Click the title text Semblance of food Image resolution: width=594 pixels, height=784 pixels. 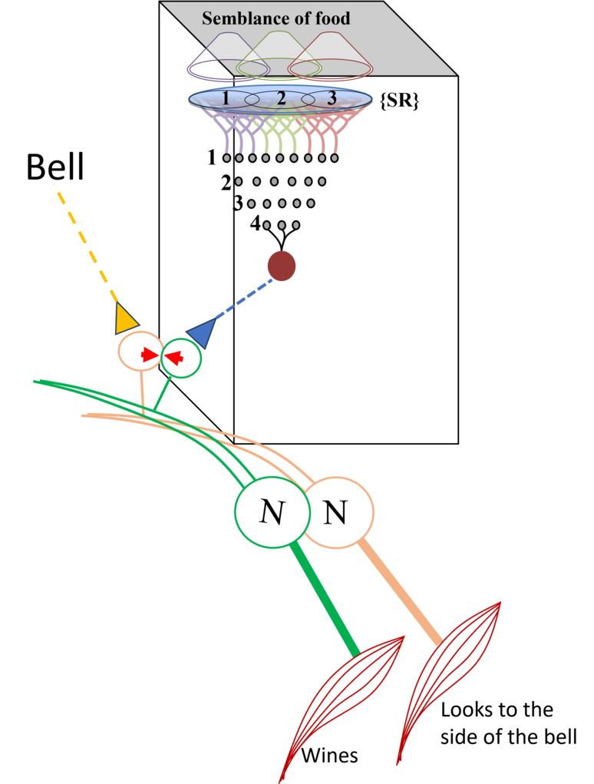click(x=276, y=18)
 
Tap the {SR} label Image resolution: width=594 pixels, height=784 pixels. click(x=401, y=101)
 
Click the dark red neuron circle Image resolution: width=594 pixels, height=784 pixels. click(x=282, y=266)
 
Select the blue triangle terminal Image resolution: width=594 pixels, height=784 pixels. click(x=201, y=333)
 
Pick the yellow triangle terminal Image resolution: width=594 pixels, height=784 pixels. click(x=126, y=319)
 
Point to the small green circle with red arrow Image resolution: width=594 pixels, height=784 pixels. click(x=180, y=357)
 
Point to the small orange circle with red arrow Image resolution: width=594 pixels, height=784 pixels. click(x=138, y=352)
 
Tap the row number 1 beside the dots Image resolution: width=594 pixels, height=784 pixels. click(x=212, y=158)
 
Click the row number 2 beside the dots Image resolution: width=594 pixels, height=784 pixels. click(x=226, y=183)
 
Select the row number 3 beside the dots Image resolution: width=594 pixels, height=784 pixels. click(x=239, y=204)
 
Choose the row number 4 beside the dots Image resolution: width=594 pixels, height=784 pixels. click(x=256, y=224)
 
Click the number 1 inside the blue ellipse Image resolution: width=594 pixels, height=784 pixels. click(x=226, y=98)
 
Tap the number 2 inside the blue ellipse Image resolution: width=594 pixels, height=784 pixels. click(x=281, y=98)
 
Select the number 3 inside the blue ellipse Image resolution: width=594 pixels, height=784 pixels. click(x=332, y=98)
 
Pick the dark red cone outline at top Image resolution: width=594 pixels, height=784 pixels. click(x=326, y=58)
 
